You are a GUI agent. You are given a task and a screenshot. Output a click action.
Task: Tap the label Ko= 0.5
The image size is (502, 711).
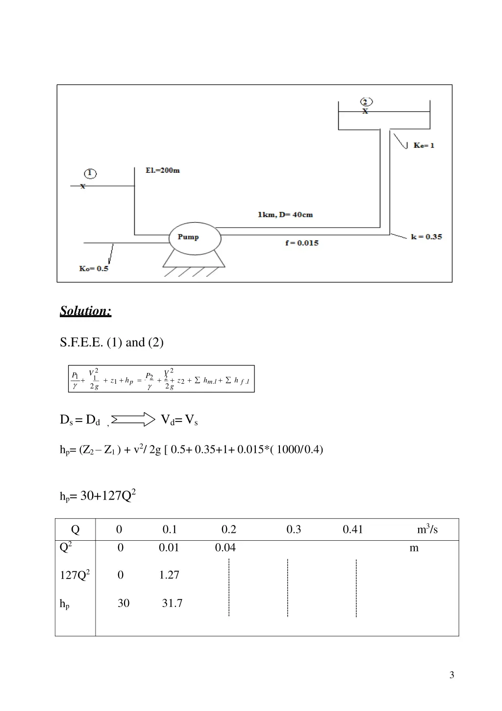(x=94, y=268)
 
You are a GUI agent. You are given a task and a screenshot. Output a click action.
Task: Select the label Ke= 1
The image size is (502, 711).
(x=424, y=145)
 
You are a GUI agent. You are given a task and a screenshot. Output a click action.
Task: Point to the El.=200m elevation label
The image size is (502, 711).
(x=163, y=170)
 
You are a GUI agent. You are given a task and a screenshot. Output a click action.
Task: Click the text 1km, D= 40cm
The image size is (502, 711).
(x=285, y=214)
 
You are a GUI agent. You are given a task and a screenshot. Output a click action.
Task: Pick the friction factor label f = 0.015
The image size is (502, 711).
(x=302, y=243)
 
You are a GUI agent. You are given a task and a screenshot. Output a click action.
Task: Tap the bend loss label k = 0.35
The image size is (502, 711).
(x=426, y=237)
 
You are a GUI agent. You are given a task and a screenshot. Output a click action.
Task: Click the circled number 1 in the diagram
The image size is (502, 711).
(x=90, y=174)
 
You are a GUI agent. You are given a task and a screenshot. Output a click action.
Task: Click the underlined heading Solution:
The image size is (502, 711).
(x=86, y=311)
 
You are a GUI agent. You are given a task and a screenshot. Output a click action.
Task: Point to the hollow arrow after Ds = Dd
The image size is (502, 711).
(x=133, y=419)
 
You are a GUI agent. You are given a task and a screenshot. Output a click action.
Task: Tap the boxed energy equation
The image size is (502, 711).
(x=161, y=379)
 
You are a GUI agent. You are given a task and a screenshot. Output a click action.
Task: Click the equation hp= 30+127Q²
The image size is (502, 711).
(x=98, y=496)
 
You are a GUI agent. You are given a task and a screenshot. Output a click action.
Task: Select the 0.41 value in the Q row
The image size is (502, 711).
(x=352, y=529)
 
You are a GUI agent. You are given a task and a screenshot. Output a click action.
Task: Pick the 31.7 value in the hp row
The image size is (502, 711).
(x=172, y=604)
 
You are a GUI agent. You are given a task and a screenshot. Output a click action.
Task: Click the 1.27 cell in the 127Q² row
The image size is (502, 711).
(x=169, y=575)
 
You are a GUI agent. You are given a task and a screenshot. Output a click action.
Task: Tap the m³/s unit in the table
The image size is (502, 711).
(x=427, y=529)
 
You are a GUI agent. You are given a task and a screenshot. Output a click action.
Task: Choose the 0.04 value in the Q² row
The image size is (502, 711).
(x=225, y=548)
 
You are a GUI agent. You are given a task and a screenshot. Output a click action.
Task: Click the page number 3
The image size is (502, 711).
(x=452, y=675)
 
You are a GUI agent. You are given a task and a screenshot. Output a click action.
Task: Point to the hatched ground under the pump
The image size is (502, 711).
(x=194, y=271)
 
